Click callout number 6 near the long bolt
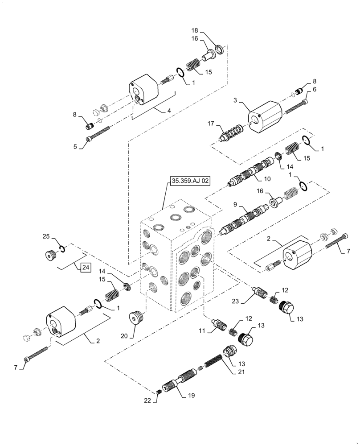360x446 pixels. (314, 89)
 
